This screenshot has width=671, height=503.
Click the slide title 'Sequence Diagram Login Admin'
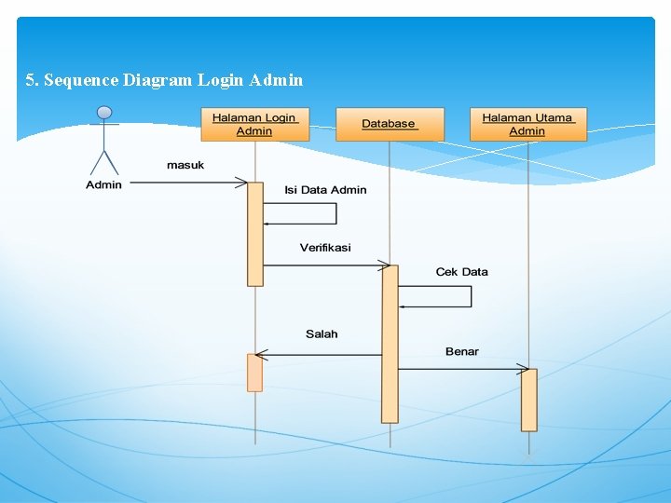pyautogui.click(x=173, y=80)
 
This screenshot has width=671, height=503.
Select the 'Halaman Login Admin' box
pyautogui.click(x=254, y=125)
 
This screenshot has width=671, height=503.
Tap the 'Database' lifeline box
pyautogui.click(x=390, y=125)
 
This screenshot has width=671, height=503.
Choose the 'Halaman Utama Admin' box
pyautogui.click(x=527, y=125)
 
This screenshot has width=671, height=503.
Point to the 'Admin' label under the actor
pyautogui.click(x=104, y=185)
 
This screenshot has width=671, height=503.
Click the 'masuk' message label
pyautogui.click(x=185, y=165)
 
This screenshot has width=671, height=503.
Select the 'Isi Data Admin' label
pyautogui.click(x=325, y=190)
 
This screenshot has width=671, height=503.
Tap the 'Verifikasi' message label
pyautogui.click(x=325, y=248)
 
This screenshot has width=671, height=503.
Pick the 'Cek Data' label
pyautogui.click(x=461, y=272)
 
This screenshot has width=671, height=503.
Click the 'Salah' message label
pyautogui.click(x=322, y=333)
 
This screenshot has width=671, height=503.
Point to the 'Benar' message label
pyautogui.click(x=462, y=351)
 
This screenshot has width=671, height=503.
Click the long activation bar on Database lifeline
pyautogui.click(x=390, y=345)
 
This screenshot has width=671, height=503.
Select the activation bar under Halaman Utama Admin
pyautogui.click(x=528, y=400)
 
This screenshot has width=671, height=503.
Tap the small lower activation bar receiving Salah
pyautogui.click(x=254, y=373)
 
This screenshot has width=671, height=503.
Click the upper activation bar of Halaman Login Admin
pyautogui.click(x=254, y=233)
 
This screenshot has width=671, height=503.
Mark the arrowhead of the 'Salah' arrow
pyautogui.click(x=261, y=354)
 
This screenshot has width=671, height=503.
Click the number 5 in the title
pyautogui.click(x=31, y=80)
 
